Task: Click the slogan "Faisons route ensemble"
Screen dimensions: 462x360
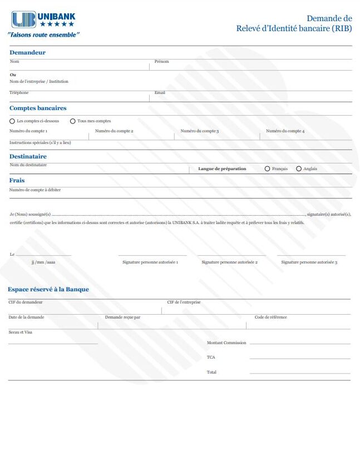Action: pos(44,34)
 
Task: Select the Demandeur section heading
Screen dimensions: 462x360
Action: pos(27,52)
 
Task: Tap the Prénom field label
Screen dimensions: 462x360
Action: pos(161,62)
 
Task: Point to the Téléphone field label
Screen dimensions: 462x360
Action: pos(19,93)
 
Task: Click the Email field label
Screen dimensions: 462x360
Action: pos(160,93)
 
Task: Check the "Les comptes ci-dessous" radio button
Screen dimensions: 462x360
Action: pos(12,121)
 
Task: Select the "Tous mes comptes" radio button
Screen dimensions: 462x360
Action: pos(73,121)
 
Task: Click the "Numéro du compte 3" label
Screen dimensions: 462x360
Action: pos(199,131)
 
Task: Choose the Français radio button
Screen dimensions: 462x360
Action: pos(268,168)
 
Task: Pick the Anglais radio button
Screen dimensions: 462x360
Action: pos(299,168)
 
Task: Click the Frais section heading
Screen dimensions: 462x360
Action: pos(17,180)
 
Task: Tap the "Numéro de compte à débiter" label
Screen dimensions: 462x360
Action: pos(35,190)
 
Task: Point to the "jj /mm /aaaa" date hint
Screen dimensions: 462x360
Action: pos(43,261)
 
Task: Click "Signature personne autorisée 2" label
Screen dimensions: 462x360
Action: pos(229,261)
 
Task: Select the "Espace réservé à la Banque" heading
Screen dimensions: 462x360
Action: pos(48,289)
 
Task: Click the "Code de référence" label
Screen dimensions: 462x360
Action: pos(271,317)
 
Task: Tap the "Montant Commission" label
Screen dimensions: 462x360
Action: pos(226,343)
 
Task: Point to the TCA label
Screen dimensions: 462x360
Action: pos(211,357)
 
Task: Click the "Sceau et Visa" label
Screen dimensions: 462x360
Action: pos(21,332)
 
